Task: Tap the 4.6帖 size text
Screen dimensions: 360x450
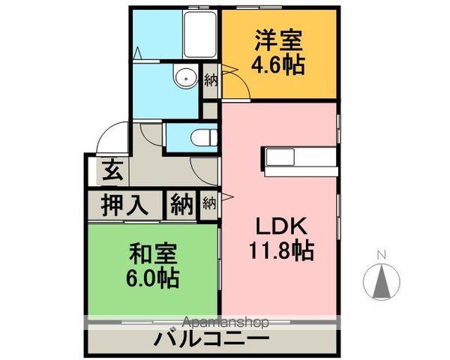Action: [279, 65]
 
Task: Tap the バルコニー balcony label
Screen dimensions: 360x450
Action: [212, 340]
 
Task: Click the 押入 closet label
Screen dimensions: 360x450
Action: [125, 205]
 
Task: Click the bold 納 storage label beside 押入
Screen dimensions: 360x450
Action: [180, 205]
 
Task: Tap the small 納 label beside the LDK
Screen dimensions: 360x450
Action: [209, 202]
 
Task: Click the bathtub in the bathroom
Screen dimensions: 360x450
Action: [199, 34]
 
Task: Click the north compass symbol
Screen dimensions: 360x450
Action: [381, 282]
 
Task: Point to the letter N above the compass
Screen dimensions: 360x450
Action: [381, 253]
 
